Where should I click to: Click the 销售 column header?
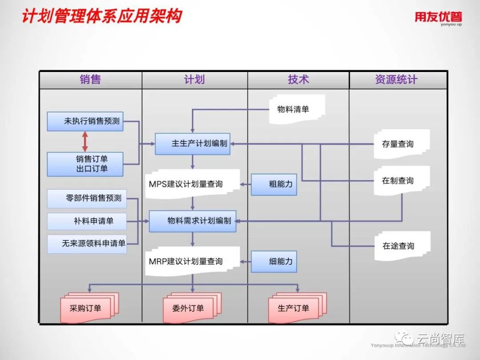90,80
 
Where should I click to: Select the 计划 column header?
194,80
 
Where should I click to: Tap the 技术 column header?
298,80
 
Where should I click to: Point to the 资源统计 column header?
396,80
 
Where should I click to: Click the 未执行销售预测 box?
85,121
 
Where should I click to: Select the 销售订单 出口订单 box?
85,164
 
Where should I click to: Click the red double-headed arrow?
85,142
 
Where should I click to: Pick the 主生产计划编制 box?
192,144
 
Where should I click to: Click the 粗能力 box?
274,184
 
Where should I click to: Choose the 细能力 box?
274,261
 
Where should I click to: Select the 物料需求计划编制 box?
192,221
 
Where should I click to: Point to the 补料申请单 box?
87,221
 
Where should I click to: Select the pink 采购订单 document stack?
87,308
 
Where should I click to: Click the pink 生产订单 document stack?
296,307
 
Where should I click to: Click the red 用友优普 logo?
438,18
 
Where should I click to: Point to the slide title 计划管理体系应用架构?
102,16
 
